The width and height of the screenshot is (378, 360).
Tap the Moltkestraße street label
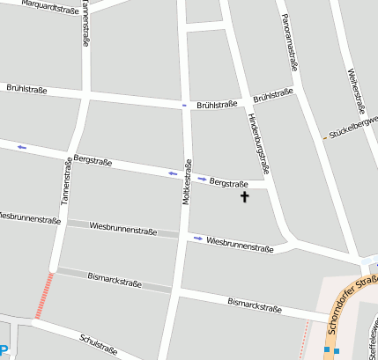187,182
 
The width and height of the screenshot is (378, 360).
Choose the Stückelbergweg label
352,130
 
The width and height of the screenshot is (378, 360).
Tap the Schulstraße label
98,342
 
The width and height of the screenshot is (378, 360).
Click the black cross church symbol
245,197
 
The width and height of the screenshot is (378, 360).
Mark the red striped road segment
44,296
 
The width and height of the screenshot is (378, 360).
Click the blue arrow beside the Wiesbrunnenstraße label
197,238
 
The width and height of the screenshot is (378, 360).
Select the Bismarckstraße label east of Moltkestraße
255,305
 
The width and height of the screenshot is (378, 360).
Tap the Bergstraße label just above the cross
230,182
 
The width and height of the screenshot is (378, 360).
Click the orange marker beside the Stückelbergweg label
323,138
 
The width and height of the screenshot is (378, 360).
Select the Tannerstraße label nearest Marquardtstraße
85,24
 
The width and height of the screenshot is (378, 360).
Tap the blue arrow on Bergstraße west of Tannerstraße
22,147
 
